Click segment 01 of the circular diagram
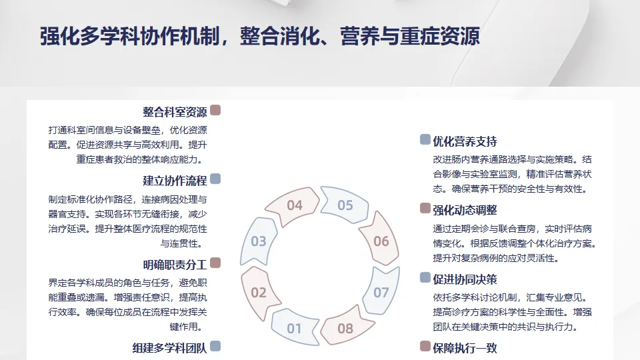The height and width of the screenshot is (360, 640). click(294, 328)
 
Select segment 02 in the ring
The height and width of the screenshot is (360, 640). click(259, 292)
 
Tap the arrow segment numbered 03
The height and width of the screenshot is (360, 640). click(259, 241)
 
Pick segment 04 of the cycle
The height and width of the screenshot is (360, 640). click(295, 205)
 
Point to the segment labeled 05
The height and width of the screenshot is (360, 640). click(345, 205)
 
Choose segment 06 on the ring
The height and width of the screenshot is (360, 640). click(381, 241)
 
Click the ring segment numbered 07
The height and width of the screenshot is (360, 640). click(381, 292)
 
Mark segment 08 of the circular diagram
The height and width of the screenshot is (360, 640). click(345, 328)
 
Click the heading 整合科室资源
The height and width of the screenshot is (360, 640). click(175, 111)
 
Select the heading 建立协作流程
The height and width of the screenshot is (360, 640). click(175, 181)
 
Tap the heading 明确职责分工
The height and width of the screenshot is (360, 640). click(175, 265)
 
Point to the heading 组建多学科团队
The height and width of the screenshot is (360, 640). click(170, 347)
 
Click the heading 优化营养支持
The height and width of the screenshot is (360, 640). click(465, 141)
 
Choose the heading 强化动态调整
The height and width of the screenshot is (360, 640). click(465, 210)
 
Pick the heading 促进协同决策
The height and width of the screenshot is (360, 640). click(465, 279)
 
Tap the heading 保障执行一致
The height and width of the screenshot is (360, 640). click(465, 347)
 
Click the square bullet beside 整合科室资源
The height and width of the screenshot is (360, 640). click(215, 111)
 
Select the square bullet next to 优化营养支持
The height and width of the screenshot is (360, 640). click(425, 140)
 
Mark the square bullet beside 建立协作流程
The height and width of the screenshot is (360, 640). click(215, 179)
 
